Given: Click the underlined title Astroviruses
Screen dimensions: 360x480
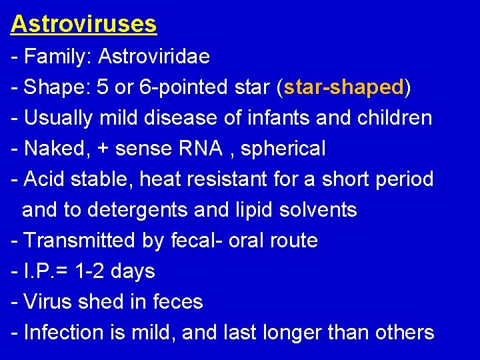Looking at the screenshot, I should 83,24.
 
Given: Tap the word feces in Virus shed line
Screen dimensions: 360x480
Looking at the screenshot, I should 177,302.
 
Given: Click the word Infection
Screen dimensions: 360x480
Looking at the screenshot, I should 63,333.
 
